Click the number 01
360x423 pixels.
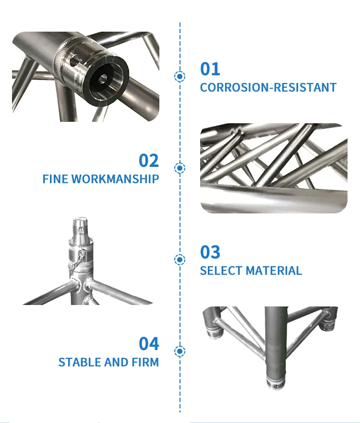click(x=210, y=69)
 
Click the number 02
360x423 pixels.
click(x=149, y=161)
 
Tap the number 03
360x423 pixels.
click(x=210, y=252)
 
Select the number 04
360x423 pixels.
click(x=149, y=343)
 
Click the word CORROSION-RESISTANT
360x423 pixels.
click(x=268, y=87)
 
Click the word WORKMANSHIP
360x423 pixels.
click(x=115, y=179)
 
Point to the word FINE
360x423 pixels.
click(x=55, y=179)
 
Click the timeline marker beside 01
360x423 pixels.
click(x=180, y=76)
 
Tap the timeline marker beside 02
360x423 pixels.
click(x=180, y=168)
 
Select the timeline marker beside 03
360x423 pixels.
click(x=180, y=259)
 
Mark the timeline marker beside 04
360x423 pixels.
click(x=180, y=351)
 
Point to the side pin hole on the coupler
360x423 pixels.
click(x=73, y=61)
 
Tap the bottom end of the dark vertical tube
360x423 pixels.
click(x=276, y=383)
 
